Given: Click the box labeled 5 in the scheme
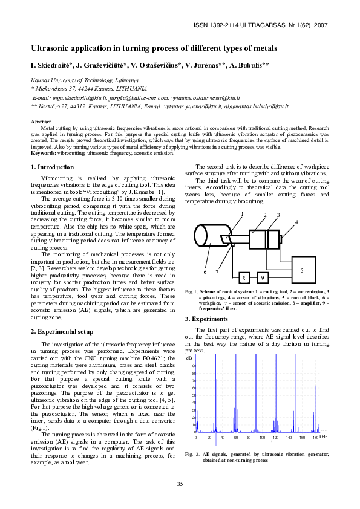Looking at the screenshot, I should tap(302, 271).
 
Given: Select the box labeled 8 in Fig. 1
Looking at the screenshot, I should tap(244, 278).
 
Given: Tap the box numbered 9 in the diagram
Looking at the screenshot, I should tap(262, 278).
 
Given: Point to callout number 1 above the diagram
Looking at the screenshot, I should tap(241, 214).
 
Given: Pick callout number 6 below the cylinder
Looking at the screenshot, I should tap(205, 272).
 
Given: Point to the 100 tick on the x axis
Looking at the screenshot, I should tap(262, 437).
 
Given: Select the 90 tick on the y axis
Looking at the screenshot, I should tap(194, 366).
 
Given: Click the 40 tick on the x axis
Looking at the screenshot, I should tap(223, 437).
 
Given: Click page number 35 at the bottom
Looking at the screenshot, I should tap(180, 484).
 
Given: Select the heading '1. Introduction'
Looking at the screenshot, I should tap(52, 167).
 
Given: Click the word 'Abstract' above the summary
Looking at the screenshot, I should tap(41, 122).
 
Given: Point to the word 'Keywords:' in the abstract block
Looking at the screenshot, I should tap(43, 153).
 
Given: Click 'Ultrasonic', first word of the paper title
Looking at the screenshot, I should tap(50, 48).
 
